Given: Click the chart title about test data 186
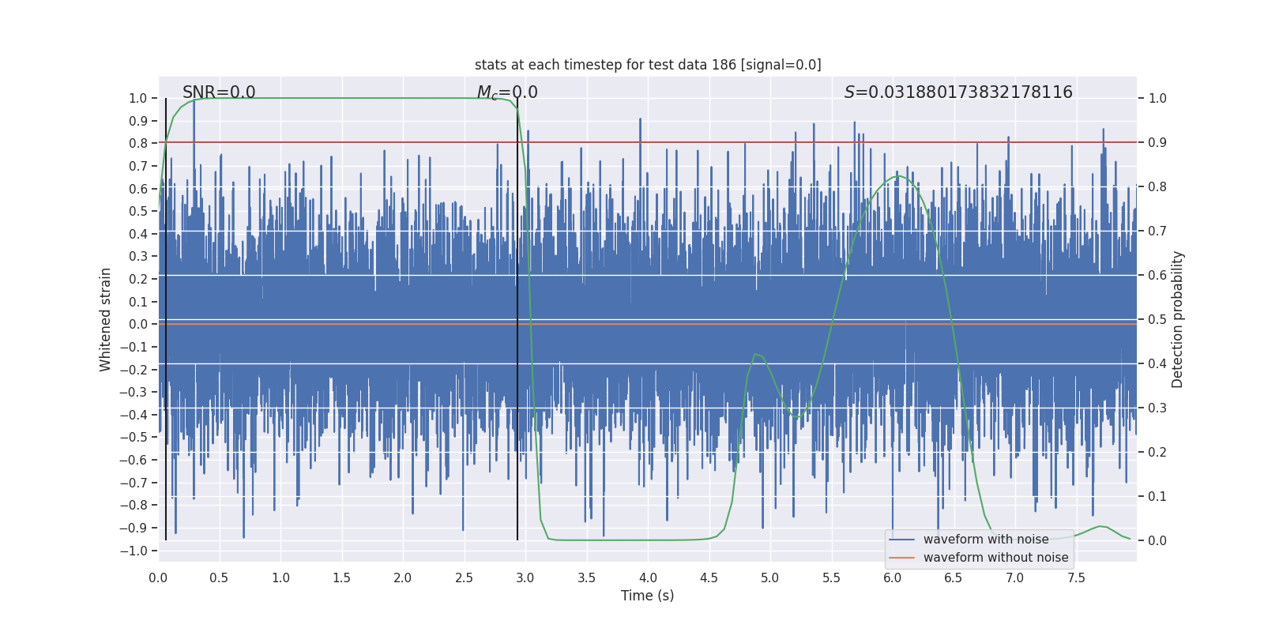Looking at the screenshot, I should click(x=648, y=65).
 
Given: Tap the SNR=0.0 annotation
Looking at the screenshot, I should click(x=219, y=92).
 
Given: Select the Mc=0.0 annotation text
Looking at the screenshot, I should click(x=507, y=92).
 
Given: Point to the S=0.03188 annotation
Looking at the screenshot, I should click(x=958, y=92).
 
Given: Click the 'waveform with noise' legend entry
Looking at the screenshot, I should click(x=985, y=540).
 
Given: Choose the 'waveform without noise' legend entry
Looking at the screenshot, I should click(x=995, y=558).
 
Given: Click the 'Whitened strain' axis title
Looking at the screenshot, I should click(x=106, y=319).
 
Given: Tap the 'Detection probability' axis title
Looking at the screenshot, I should click(x=1178, y=319).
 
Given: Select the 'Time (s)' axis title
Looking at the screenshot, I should click(x=647, y=596).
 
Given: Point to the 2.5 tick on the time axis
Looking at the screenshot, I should click(x=464, y=578).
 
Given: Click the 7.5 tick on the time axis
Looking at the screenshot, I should click(x=1076, y=578).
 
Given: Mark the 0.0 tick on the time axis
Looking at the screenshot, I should click(x=158, y=578).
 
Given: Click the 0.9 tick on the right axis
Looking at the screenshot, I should click(x=1157, y=143).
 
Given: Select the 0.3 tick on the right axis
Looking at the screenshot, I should click(x=1157, y=408).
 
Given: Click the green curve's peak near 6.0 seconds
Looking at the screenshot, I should click(x=897, y=176).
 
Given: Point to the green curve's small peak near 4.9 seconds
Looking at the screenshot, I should click(x=756, y=354).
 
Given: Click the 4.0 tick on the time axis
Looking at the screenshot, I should click(x=648, y=578).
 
